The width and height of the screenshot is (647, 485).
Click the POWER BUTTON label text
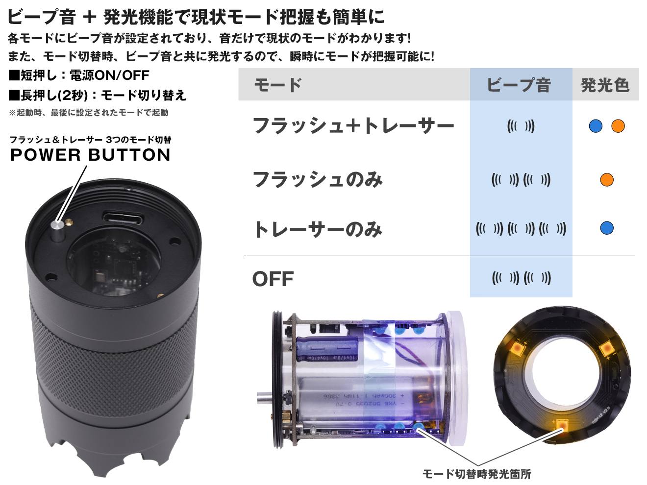(x=91, y=155)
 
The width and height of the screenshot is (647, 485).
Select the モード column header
(x=277, y=85)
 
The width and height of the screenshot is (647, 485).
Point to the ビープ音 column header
(x=519, y=85)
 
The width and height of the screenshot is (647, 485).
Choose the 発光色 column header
(x=605, y=85)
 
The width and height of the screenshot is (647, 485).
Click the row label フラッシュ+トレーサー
(x=353, y=126)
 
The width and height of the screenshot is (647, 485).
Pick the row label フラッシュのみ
(x=318, y=180)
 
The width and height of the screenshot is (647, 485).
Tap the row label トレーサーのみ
(x=318, y=230)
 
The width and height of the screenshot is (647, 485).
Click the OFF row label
(x=273, y=279)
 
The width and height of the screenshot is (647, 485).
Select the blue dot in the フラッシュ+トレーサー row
(x=596, y=126)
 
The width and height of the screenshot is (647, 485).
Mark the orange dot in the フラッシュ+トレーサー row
(x=618, y=126)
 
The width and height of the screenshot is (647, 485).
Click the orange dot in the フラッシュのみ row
(x=607, y=180)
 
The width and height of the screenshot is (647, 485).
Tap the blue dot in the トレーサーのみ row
(x=607, y=228)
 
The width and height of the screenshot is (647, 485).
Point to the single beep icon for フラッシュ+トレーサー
(x=521, y=126)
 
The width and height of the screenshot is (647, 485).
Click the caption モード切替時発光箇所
(x=476, y=474)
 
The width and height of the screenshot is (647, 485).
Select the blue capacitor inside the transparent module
(x=328, y=349)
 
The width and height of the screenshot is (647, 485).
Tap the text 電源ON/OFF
(x=109, y=75)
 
